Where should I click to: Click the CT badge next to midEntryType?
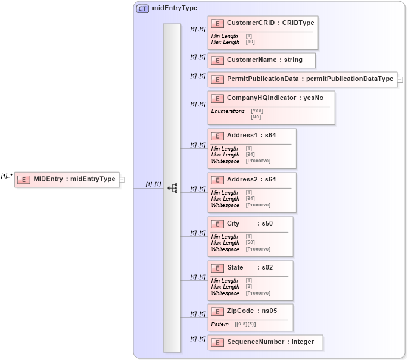(x=143, y=9)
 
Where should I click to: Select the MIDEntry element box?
(x=67, y=179)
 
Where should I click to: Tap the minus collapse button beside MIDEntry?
(x=122, y=179)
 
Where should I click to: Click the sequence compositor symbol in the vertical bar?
(x=172, y=188)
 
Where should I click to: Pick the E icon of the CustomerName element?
(x=217, y=60)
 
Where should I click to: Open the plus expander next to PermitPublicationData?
(x=400, y=79)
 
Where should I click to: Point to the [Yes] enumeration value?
(x=257, y=111)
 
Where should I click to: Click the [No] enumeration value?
(x=256, y=117)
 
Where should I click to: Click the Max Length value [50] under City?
(x=250, y=243)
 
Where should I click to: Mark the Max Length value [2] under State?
(x=249, y=287)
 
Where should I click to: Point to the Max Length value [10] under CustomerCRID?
(x=250, y=42)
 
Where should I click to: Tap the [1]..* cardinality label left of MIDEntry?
(x=7, y=176)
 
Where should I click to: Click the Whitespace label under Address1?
(x=225, y=161)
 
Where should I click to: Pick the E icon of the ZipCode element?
(x=217, y=311)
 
